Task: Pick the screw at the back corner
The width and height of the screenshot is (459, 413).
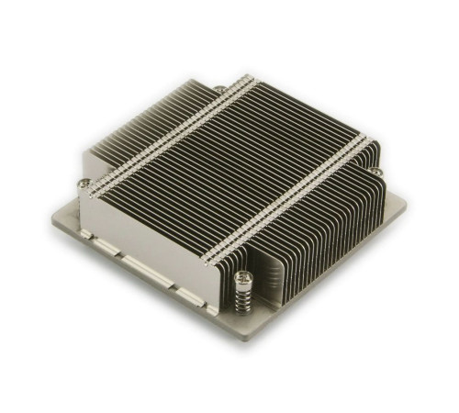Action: pos(219,88)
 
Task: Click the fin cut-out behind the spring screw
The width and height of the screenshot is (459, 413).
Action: pos(266,275)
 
